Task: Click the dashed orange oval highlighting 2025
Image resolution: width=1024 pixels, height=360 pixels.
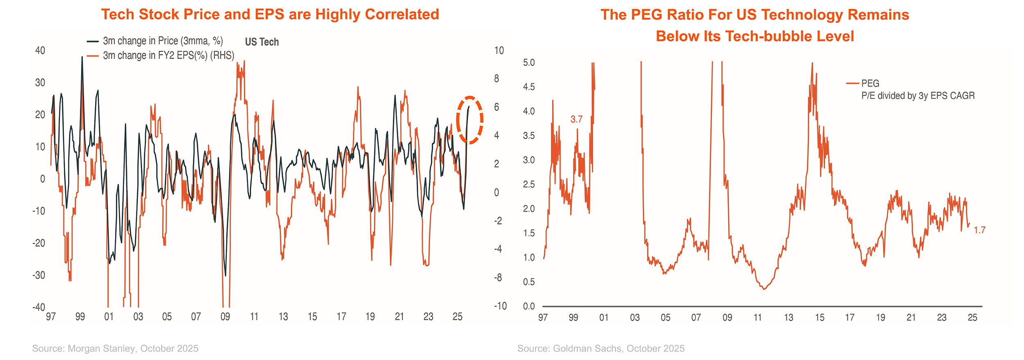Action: click(x=470, y=120)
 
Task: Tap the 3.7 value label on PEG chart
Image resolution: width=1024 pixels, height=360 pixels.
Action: click(x=576, y=119)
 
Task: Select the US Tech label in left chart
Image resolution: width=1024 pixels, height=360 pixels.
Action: click(x=262, y=42)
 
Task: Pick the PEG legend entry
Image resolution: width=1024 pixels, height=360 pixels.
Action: click(x=870, y=84)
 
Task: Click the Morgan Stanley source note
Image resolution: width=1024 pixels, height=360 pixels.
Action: click(x=115, y=349)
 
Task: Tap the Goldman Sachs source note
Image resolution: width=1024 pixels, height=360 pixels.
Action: click(x=600, y=349)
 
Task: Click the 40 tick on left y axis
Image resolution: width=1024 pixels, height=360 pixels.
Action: click(x=40, y=50)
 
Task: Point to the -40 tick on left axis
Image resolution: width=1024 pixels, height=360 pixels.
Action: click(x=39, y=307)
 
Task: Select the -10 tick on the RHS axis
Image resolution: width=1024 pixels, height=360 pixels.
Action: click(x=501, y=306)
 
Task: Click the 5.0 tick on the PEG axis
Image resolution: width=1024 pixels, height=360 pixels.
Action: click(x=529, y=63)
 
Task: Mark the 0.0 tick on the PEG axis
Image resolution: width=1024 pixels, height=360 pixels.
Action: click(x=529, y=306)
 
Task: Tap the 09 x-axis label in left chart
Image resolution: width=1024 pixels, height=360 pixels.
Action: click(x=225, y=317)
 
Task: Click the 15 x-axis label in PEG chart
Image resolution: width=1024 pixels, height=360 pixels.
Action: click(x=819, y=317)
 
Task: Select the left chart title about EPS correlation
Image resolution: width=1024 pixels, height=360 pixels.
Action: click(x=270, y=14)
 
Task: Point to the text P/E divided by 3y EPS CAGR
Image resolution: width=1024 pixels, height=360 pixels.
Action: click(x=918, y=96)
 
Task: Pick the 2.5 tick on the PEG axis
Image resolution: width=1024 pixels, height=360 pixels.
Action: click(x=529, y=184)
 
